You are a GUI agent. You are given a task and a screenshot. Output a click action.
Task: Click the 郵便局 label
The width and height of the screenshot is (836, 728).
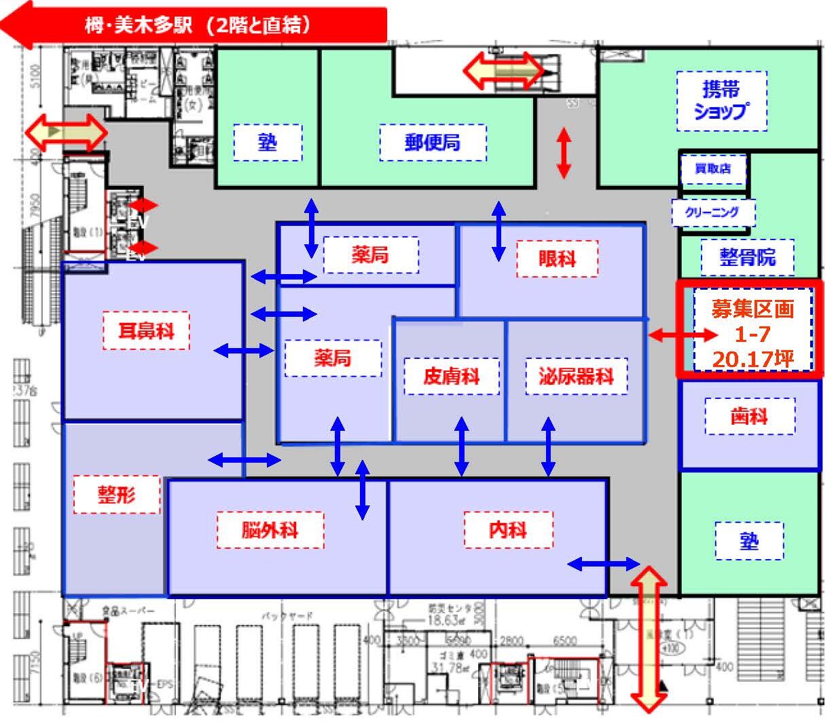(433, 142)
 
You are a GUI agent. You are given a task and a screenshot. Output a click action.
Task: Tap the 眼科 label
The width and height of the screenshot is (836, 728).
(557, 258)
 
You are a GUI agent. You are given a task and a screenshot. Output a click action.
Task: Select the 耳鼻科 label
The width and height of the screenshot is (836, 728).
(146, 330)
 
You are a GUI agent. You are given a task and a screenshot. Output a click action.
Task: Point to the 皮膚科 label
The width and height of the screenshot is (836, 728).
(451, 375)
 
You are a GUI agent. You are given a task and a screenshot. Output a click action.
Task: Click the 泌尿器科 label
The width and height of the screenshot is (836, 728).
(576, 375)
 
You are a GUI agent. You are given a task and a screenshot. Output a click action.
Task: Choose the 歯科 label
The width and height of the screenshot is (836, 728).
(749, 416)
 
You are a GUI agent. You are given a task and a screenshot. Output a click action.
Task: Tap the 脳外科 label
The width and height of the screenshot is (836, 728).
(270, 529)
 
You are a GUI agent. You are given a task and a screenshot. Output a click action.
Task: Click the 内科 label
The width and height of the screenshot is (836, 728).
(508, 529)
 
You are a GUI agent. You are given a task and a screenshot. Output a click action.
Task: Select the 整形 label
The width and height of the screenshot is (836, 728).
(117, 494)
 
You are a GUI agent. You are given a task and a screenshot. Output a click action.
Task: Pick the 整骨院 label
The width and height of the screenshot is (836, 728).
(747, 257)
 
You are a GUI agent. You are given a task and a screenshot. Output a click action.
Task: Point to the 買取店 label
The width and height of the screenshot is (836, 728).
(712, 169)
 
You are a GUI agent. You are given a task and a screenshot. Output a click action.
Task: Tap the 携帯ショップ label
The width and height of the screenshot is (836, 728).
(721, 100)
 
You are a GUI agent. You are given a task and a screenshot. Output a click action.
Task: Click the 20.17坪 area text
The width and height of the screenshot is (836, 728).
(752, 358)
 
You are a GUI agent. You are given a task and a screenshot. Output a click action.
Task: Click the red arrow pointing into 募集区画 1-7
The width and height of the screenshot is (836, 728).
(682, 334)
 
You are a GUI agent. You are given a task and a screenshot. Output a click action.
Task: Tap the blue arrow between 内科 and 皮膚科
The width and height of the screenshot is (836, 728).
(462, 446)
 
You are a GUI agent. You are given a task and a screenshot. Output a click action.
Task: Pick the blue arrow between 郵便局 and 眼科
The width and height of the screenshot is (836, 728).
(498, 231)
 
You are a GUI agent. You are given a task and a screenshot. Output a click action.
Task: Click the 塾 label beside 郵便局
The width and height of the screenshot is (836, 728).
(268, 142)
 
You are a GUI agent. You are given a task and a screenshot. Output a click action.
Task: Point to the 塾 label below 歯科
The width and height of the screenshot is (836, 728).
(749, 541)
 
